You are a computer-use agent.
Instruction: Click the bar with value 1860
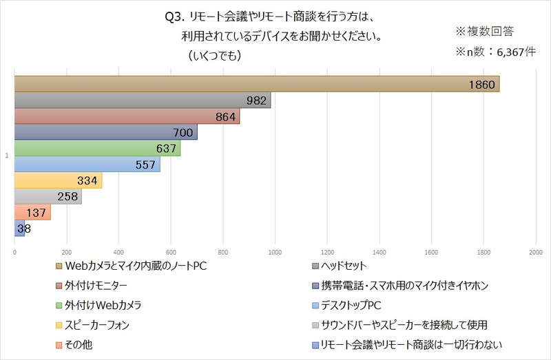click(255, 84)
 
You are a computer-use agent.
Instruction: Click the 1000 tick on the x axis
click(275, 253)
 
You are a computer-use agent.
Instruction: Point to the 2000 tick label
click(535, 253)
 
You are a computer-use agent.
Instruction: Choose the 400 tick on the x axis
click(118, 253)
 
